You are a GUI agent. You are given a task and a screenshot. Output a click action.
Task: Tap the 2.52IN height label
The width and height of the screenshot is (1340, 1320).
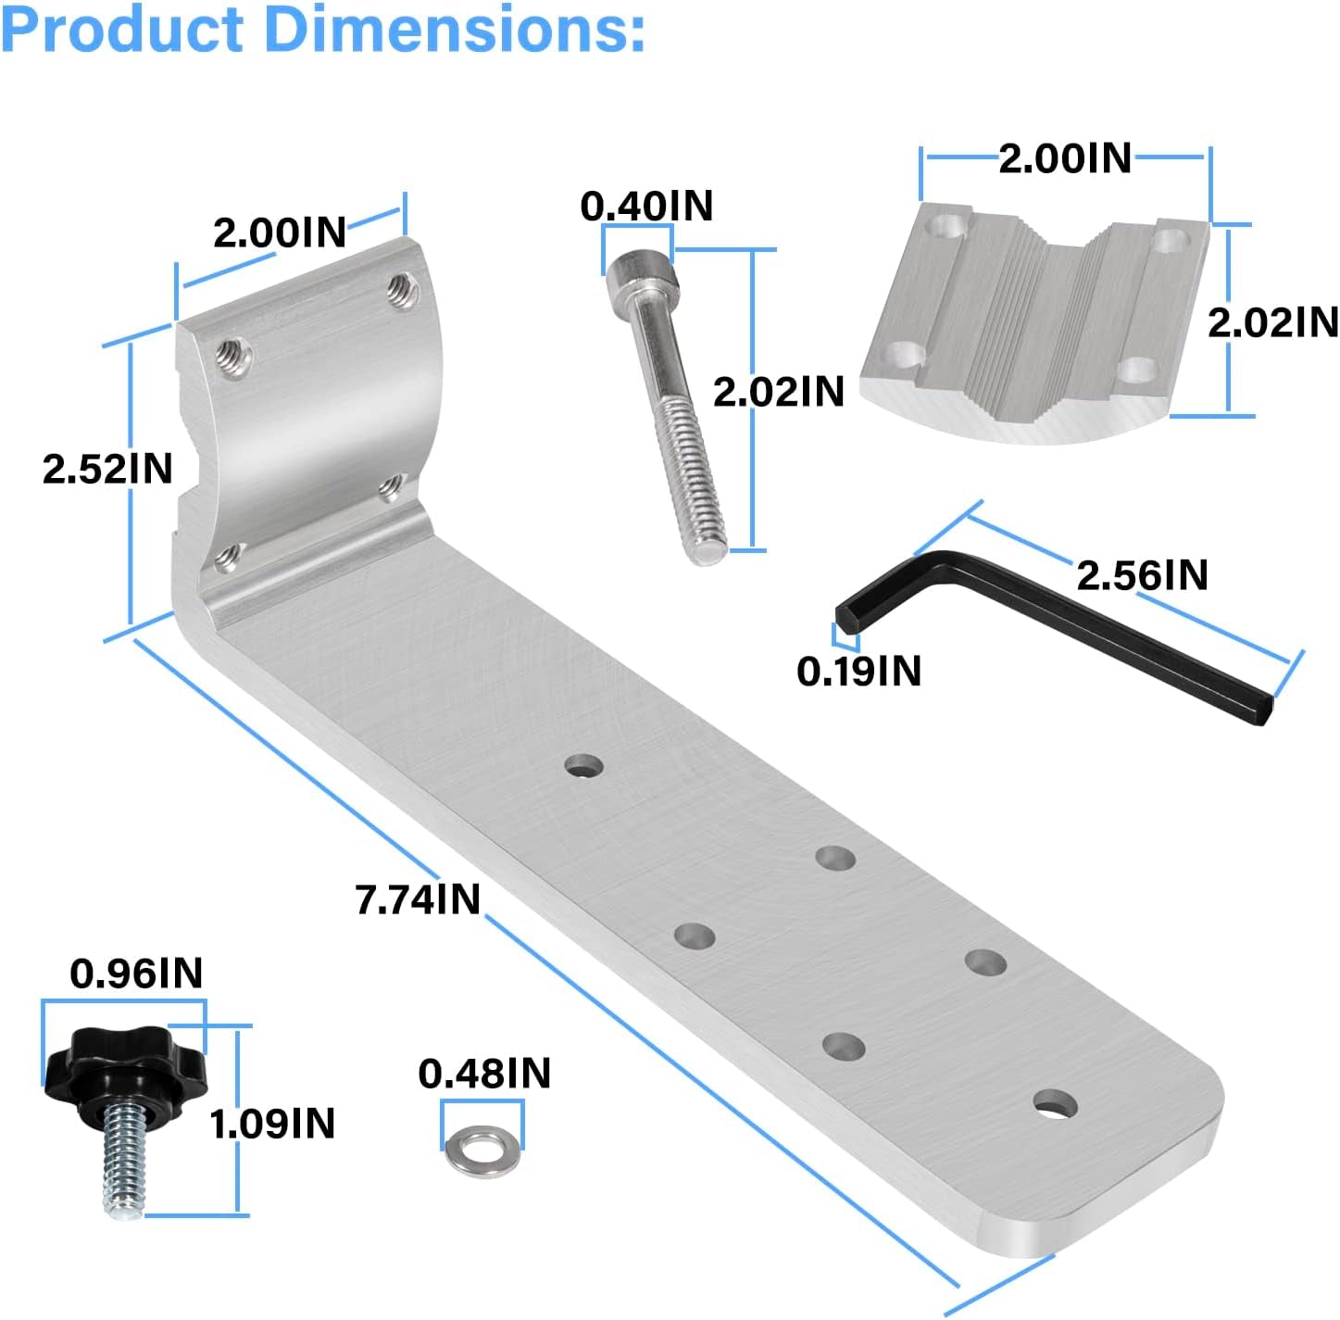tap(107, 469)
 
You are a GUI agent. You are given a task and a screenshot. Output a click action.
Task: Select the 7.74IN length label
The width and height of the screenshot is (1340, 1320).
tap(418, 899)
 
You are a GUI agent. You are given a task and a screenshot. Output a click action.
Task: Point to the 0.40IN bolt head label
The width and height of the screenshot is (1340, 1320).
tap(646, 206)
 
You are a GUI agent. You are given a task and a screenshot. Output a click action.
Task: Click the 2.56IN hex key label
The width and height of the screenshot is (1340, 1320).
tap(1142, 575)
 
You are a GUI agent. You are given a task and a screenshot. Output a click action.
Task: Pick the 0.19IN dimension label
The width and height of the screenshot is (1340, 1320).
tap(858, 672)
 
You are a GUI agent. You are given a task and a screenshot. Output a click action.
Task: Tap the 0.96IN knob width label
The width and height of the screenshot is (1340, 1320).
tap(136, 974)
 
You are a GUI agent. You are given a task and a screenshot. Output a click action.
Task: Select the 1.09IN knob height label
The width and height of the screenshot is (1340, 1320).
tap(272, 1124)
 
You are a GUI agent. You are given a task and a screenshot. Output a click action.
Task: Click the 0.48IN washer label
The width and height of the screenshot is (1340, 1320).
tap(484, 1074)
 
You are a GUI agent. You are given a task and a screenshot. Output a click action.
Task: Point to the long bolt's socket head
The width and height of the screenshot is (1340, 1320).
tap(641, 276)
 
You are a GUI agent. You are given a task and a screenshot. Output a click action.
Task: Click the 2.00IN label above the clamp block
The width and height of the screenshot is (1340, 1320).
tap(1065, 158)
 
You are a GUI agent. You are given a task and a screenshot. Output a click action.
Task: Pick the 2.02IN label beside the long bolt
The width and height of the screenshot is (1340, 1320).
tap(778, 392)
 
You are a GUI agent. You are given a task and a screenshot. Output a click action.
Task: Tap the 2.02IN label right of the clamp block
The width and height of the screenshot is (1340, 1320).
tap(1272, 322)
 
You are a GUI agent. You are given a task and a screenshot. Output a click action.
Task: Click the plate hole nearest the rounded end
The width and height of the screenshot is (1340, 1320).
tap(1056, 1103)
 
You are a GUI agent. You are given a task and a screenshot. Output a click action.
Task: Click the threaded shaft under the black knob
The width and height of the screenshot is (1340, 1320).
tap(122, 1162)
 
